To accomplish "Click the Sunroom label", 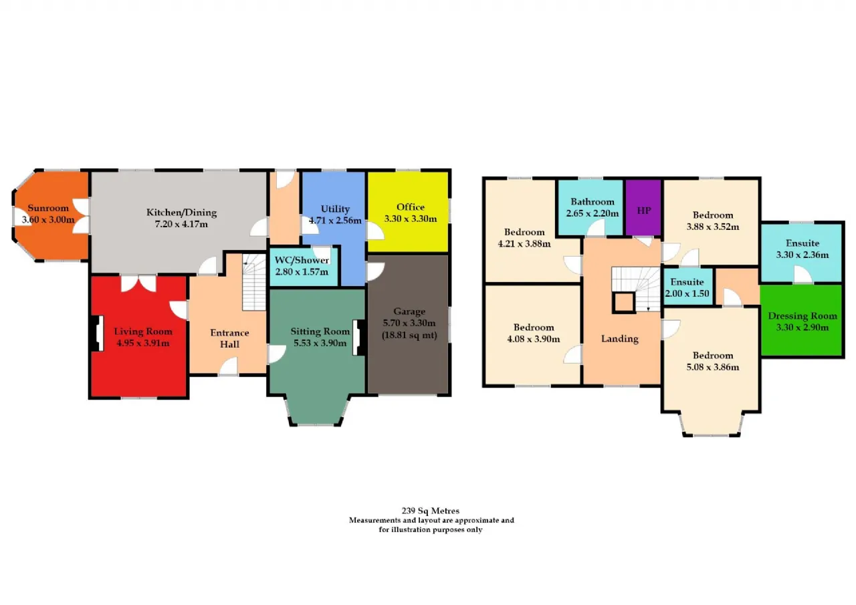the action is [48, 208].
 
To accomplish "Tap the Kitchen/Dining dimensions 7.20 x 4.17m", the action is [181, 224].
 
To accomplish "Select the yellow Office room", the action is [408, 212].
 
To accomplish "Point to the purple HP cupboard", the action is [643, 207].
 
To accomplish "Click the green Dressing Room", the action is [802, 320].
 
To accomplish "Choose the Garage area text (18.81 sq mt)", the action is [409, 336].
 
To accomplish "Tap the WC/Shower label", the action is [302, 260].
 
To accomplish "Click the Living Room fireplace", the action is [97, 333].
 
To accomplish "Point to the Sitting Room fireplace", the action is [359, 337].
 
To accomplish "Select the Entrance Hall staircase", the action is [254, 282].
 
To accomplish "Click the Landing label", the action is [619, 339].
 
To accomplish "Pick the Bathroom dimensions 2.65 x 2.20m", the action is [593, 213].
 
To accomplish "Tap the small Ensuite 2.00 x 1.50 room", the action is [687, 287].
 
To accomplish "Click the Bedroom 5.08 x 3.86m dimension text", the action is [713, 368].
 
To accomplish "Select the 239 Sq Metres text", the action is [430, 511].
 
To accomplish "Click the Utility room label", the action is [335, 209].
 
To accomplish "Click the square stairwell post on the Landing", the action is [624, 303].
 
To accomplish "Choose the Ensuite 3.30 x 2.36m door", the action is [802, 275].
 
